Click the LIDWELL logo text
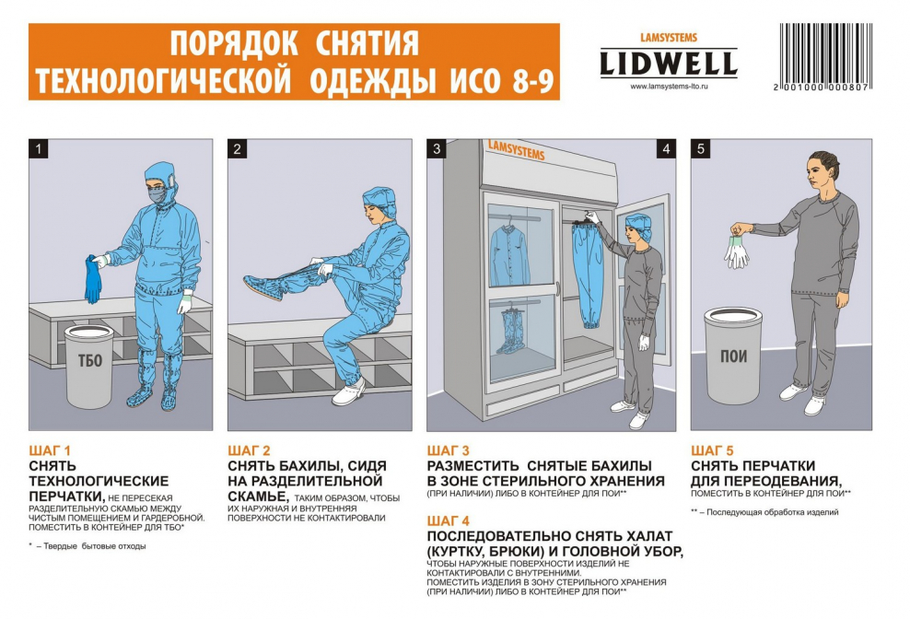[x=669, y=64]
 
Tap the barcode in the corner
[x=825, y=56]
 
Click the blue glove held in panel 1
[x=93, y=280]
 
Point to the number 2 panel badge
[x=238, y=148]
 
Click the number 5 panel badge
[x=701, y=148]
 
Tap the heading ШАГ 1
[x=50, y=450]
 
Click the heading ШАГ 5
[x=712, y=450]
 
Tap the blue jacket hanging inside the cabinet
[x=507, y=251]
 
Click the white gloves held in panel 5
[x=737, y=249]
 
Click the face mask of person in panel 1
[x=157, y=195]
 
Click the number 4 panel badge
[x=666, y=148]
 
